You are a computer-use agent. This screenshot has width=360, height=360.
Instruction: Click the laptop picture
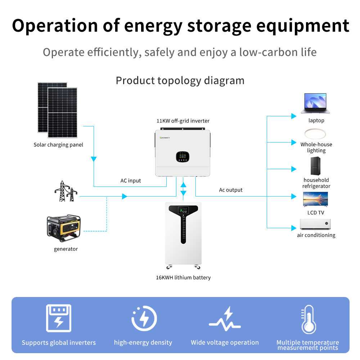(x=315, y=103)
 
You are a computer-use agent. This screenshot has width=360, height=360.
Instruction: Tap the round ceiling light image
(x=315, y=134)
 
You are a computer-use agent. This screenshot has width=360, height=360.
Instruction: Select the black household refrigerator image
(x=315, y=166)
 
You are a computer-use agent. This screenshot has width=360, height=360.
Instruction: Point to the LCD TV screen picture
(x=315, y=199)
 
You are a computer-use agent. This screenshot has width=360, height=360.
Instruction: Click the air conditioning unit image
(x=315, y=224)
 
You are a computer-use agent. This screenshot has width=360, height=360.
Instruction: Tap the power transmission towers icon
(x=66, y=191)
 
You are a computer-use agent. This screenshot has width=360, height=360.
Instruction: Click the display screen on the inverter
(x=183, y=157)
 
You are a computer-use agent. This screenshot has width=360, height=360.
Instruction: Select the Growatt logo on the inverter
(x=165, y=138)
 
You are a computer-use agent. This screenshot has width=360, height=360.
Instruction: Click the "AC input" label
(x=131, y=181)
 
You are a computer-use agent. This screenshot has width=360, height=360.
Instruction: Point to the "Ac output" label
(x=231, y=190)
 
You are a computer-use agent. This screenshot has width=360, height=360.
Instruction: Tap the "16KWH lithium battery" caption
(x=183, y=278)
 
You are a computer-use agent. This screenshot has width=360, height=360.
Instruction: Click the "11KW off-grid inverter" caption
(x=183, y=121)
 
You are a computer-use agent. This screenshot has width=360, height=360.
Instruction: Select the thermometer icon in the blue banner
(x=309, y=319)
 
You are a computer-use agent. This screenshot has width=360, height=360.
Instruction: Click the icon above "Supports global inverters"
(x=59, y=318)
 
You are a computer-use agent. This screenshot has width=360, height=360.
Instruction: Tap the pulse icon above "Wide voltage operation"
(x=225, y=319)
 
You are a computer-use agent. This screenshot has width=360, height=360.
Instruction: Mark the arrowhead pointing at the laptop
(x=294, y=116)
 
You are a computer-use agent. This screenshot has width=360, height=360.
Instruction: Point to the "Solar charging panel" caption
(x=58, y=145)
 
